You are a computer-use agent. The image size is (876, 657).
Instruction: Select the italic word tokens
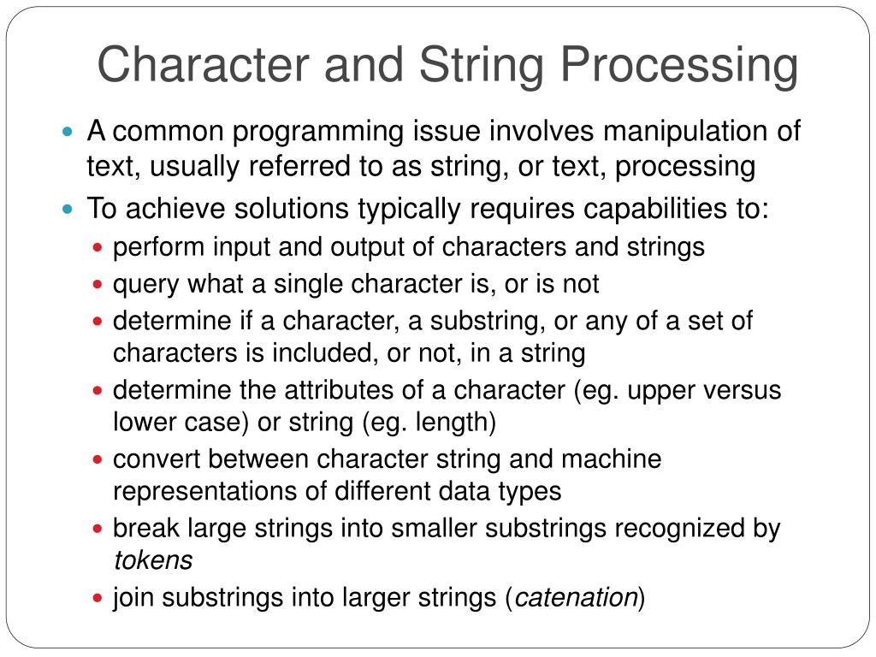pos(153,560)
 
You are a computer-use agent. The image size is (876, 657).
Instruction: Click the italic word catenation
pos(577,598)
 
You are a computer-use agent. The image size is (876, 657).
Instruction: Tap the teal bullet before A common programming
pos(71,133)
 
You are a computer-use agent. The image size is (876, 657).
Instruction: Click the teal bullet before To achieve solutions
pos(71,209)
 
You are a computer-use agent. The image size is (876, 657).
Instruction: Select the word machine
pos(611,459)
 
